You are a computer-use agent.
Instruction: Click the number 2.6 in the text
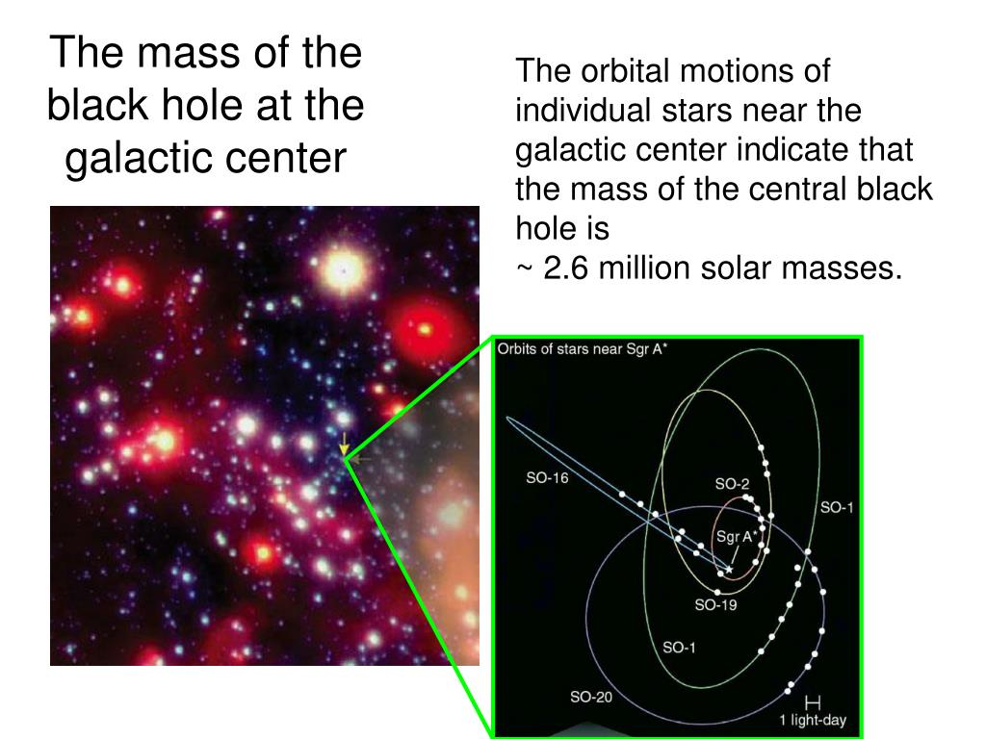(x=565, y=268)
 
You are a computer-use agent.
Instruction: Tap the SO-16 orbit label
(x=547, y=478)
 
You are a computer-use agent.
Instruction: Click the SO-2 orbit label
(x=732, y=484)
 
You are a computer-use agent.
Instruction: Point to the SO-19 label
(x=715, y=604)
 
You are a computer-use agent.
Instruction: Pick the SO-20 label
(x=591, y=697)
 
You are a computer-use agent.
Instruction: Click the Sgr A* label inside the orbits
(x=736, y=537)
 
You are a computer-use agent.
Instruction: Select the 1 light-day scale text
(x=813, y=720)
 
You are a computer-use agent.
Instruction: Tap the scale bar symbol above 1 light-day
(x=813, y=701)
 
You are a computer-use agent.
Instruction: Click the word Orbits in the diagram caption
(x=515, y=348)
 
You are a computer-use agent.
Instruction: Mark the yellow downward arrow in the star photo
(x=344, y=444)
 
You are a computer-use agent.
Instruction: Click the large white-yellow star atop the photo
(x=343, y=270)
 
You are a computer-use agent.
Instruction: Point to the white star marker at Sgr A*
(x=729, y=570)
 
